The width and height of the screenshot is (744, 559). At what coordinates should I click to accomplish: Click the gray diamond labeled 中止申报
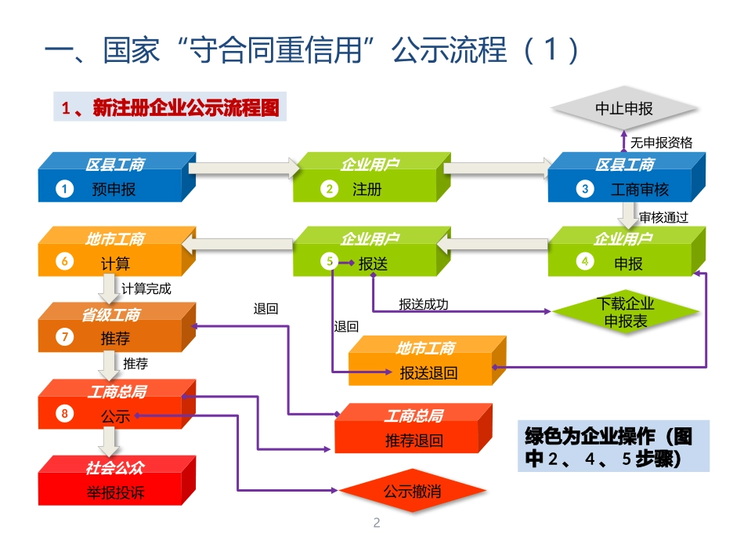click(x=624, y=109)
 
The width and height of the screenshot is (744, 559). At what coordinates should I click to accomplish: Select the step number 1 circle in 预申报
click(x=64, y=189)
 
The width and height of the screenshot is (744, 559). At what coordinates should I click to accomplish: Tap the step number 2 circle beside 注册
click(x=330, y=189)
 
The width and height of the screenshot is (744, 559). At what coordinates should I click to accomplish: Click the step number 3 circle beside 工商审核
click(x=584, y=189)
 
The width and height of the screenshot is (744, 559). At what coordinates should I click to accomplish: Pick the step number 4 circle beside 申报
click(x=583, y=263)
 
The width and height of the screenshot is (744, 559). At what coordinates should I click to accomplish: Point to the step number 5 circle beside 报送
click(x=330, y=263)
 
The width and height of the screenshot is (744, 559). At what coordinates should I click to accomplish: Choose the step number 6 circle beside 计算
click(x=64, y=263)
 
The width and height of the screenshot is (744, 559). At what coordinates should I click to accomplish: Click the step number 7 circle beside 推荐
click(x=64, y=338)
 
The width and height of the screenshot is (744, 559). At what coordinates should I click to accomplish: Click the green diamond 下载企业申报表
click(x=625, y=312)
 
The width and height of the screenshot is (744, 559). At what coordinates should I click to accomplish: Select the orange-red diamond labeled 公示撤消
click(x=412, y=492)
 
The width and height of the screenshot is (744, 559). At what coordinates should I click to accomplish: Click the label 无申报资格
click(x=661, y=143)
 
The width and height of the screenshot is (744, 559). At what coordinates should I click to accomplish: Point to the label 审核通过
click(x=663, y=217)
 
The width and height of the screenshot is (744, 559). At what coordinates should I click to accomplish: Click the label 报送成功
click(x=423, y=304)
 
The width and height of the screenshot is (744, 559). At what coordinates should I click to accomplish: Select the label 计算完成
click(x=146, y=289)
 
